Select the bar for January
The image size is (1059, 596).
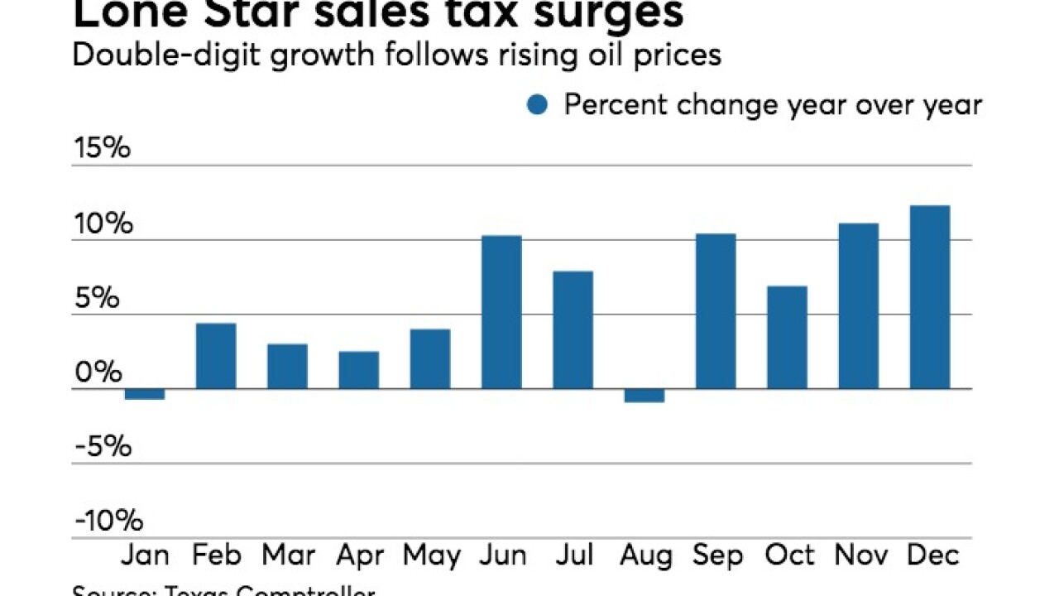(145, 394)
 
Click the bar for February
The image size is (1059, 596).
(216, 356)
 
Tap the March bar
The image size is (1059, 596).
(287, 366)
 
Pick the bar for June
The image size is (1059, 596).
(501, 312)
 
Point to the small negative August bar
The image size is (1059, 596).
(645, 396)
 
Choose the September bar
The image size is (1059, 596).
(716, 311)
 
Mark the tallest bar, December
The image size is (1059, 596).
(930, 297)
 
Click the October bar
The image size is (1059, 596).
(787, 337)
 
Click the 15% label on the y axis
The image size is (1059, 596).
(102, 149)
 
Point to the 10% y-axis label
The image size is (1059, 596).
(102, 223)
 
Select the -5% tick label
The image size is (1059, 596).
(102, 447)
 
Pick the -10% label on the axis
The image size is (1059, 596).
(108, 521)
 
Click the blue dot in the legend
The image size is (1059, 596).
(538, 106)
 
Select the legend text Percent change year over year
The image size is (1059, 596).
(773, 105)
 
